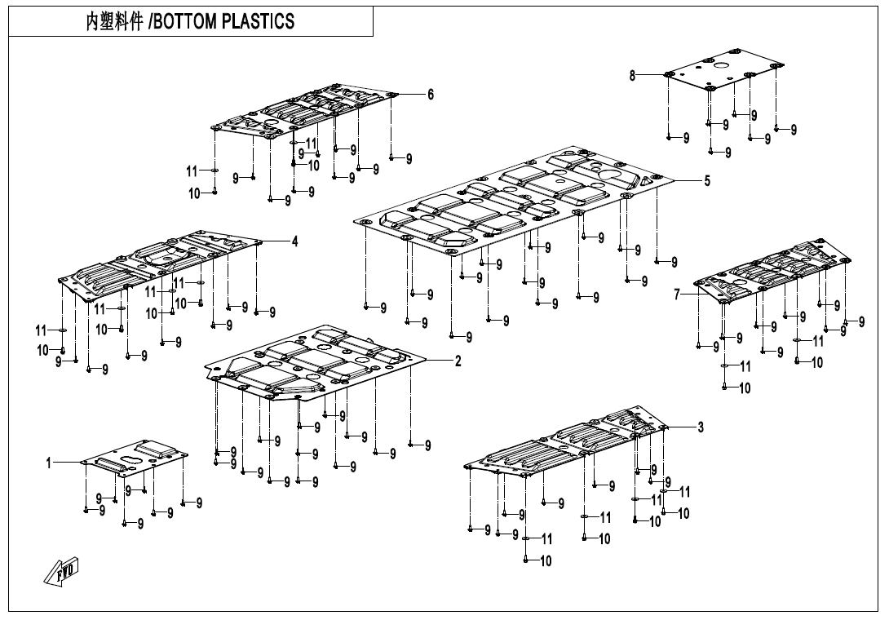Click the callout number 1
49,463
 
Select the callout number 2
458,361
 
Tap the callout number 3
700,427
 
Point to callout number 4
294,241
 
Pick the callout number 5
707,181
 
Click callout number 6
431,95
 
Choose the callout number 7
678,294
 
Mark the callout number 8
632,75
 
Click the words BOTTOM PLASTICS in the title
223,22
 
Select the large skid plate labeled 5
514,200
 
